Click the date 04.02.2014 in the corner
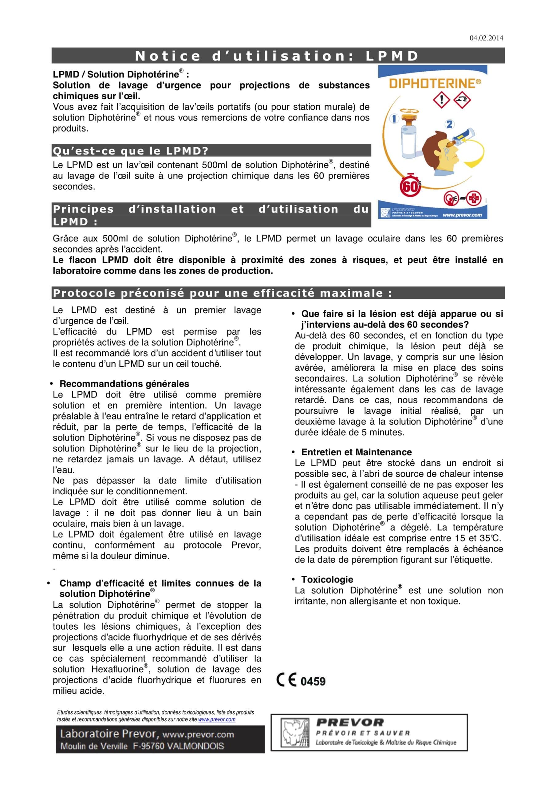(486, 38)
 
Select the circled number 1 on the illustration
(394, 119)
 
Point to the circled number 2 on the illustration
(449, 125)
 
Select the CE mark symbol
(286, 680)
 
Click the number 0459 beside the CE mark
(313, 681)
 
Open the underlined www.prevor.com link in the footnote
(217, 719)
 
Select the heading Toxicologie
(327, 579)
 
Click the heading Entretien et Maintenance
(357, 452)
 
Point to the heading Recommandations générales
(124, 384)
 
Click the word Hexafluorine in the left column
(117, 669)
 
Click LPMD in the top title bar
(392, 56)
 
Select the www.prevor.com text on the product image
(462, 215)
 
